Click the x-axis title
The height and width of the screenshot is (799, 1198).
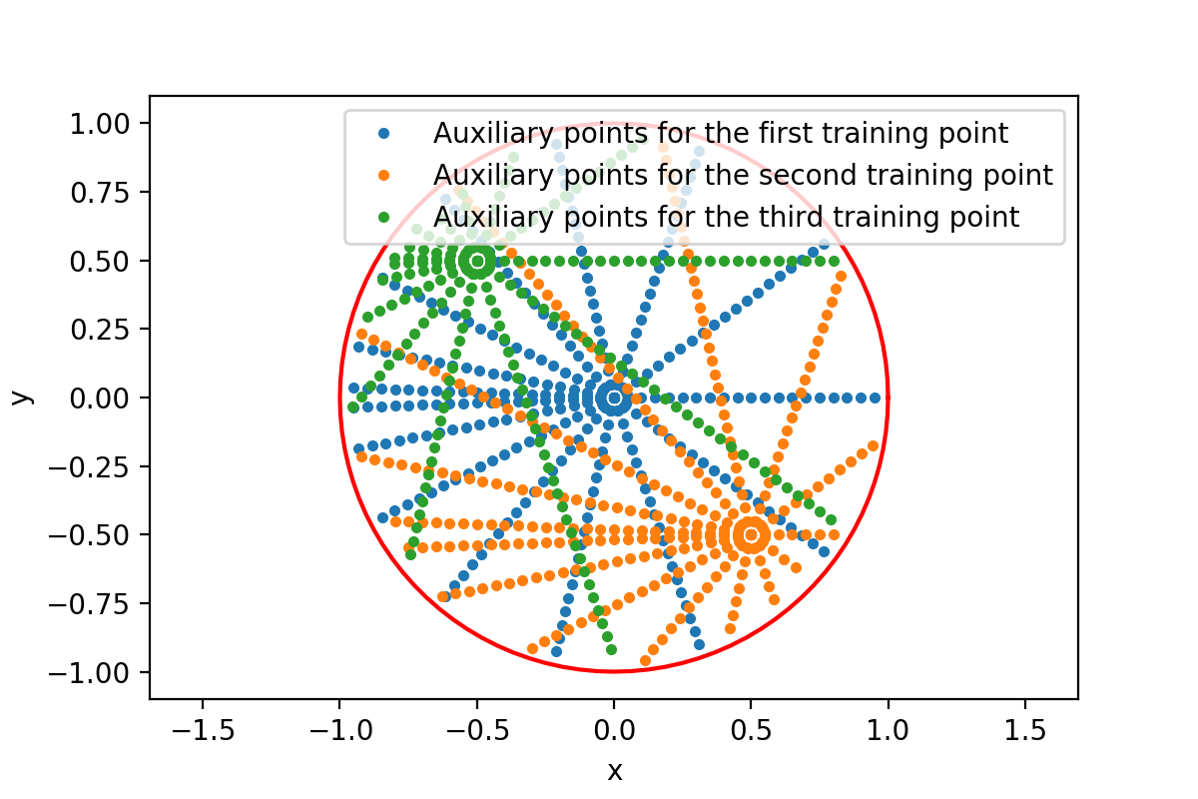point(614,770)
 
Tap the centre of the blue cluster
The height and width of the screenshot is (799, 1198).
point(614,398)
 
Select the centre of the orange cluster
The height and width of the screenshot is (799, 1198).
point(751,534)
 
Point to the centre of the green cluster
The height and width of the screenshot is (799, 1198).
point(477,261)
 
